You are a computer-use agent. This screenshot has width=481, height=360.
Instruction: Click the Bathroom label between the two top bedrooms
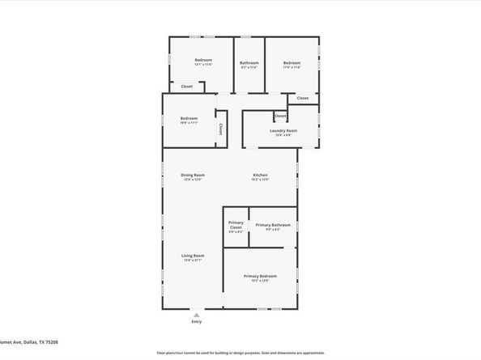tap(249, 63)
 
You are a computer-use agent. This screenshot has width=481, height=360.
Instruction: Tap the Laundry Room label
tap(283, 130)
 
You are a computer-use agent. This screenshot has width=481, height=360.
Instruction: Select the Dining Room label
tap(193, 175)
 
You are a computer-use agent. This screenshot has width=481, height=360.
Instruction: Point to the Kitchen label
tap(260, 175)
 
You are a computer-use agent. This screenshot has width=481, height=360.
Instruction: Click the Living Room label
tap(193, 256)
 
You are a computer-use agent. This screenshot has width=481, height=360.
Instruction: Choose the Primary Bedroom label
tap(260, 276)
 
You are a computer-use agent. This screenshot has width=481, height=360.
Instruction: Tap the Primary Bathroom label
tap(273, 225)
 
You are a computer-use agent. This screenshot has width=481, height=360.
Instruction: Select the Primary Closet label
tap(236, 225)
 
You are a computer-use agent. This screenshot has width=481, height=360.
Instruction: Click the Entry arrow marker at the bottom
tap(196, 314)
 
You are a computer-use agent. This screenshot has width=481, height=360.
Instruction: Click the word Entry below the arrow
tap(196, 322)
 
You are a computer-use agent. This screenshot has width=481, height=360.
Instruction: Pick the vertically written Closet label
tap(220, 129)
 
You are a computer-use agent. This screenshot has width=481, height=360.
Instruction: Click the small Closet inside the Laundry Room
tap(280, 116)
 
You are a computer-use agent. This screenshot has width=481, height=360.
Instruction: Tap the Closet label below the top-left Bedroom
tap(186, 86)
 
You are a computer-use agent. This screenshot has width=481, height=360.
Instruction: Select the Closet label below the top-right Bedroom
tap(302, 98)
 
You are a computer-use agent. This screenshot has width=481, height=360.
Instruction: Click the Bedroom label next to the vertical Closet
tap(189, 119)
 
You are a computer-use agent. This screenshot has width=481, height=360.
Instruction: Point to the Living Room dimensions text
tap(193, 260)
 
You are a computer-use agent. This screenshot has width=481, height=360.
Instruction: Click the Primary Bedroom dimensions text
tap(260, 281)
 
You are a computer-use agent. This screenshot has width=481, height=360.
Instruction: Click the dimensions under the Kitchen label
tap(260, 180)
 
